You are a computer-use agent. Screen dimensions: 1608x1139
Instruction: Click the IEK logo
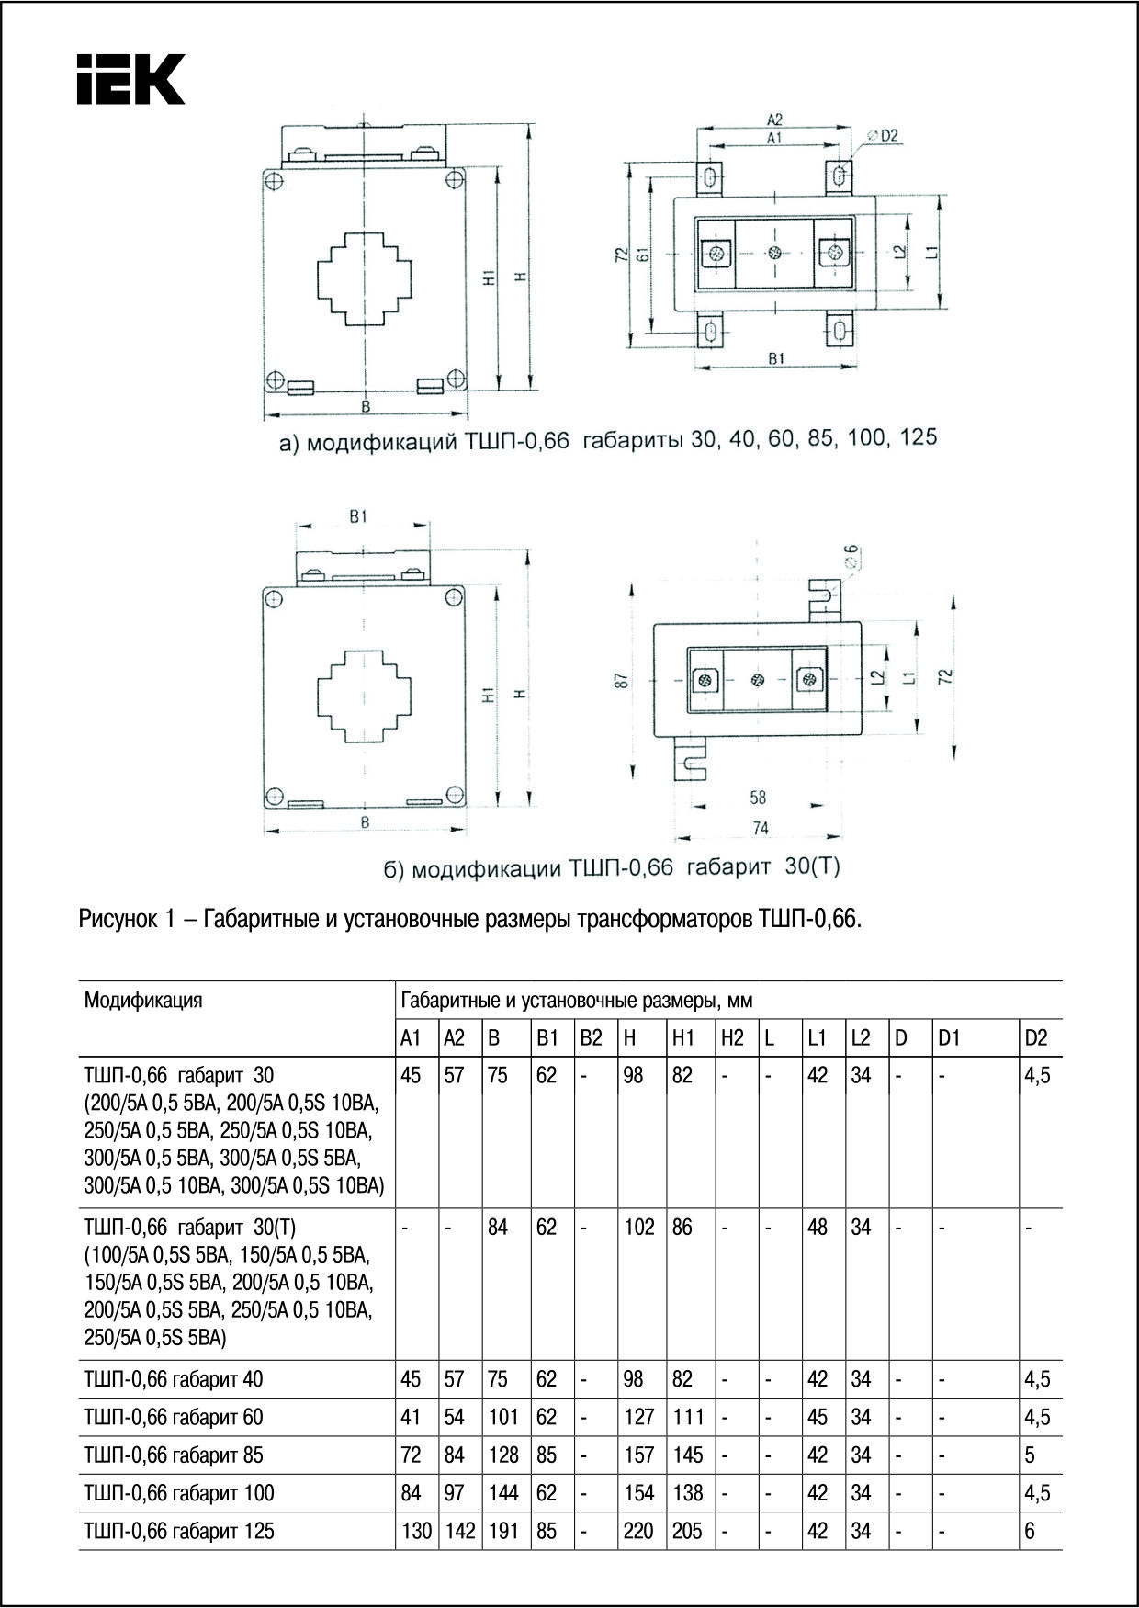(x=130, y=79)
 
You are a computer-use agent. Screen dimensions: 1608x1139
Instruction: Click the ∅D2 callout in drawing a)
(x=883, y=136)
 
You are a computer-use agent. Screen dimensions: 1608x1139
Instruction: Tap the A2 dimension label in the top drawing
(x=773, y=119)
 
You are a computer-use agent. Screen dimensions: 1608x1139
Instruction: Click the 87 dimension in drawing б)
(x=622, y=681)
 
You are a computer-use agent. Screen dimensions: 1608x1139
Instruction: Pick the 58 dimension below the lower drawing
(x=757, y=798)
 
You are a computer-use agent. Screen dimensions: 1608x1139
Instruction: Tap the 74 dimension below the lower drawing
(x=760, y=828)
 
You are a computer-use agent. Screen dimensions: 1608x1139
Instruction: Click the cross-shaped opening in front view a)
(x=365, y=278)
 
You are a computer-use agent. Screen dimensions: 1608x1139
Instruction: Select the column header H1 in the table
(x=682, y=1038)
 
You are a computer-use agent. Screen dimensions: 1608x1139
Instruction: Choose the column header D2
(x=1035, y=1038)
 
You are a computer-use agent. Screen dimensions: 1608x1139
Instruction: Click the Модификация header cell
(x=142, y=1000)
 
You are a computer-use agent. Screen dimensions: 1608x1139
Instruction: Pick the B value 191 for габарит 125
(x=503, y=1531)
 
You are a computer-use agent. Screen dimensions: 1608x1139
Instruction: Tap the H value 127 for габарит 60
(x=638, y=1417)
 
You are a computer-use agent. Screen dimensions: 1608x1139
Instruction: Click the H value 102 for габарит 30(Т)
(x=638, y=1227)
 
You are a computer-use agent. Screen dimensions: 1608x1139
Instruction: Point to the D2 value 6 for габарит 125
(x=1029, y=1531)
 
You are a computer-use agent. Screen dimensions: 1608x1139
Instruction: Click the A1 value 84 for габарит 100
(x=411, y=1493)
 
